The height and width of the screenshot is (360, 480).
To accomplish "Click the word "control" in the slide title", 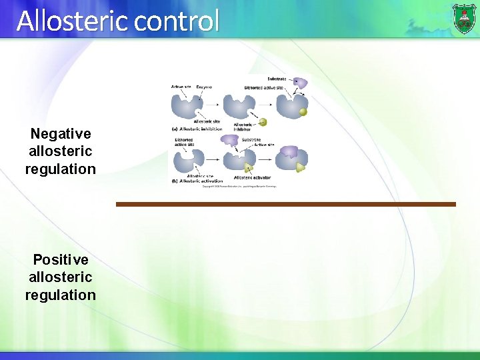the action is coord(176,21).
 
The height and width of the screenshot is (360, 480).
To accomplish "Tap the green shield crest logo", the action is coord(464,18).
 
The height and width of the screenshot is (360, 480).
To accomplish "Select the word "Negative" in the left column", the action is coord(61,134).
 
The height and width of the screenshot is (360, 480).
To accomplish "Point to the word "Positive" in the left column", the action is coord(61,259).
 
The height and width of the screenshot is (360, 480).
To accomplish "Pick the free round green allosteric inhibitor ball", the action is coord(263,122).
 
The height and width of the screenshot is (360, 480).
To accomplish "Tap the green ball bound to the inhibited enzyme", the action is coord(303,112).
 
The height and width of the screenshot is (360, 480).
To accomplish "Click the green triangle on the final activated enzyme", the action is coord(301,167).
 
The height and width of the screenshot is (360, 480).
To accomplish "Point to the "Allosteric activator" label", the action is coord(252,177).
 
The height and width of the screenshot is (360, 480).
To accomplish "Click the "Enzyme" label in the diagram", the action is coord(203,87).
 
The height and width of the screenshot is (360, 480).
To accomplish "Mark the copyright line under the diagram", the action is coord(239,186).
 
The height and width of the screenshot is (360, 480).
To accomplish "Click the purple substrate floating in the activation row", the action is coord(230,140).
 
